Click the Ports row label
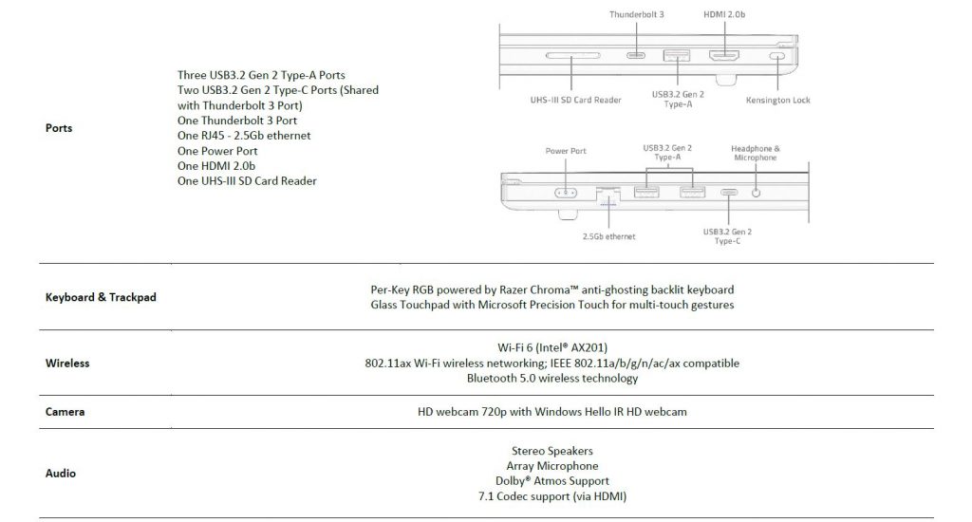click(59, 128)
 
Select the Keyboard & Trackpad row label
click(101, 297)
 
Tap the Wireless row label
click(67, 364)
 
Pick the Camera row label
click(65, 412)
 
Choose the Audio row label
click(60, 473)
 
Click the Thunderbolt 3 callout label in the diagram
click(636, 14)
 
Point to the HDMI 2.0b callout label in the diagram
click(724, 14)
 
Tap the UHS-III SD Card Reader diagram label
click(575, 100)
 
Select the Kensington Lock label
click(778, 100)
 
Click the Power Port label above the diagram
click(566, 151)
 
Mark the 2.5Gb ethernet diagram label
click(608, 236)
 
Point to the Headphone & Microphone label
click(755, 153)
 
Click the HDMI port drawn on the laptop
click(724, 56)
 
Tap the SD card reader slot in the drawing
click(572, 55)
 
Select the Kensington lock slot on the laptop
click(776, 56)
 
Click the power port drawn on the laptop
click(566, 193)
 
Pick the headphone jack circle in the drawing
click(756, 193)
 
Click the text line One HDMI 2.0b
click(216, 166)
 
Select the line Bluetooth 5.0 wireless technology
click(552, 378)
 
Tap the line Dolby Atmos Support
click(552, 481)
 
